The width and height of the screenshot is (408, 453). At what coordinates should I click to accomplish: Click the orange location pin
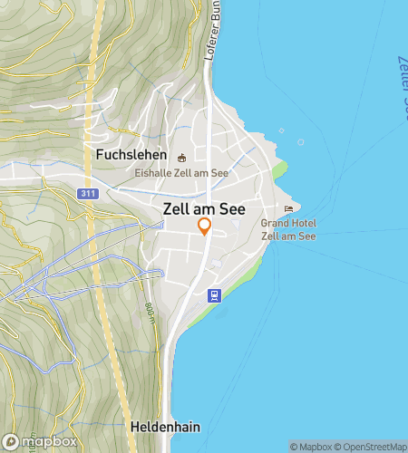[x=205, y=226]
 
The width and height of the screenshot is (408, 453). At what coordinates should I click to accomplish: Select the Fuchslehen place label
[x=130, y=155]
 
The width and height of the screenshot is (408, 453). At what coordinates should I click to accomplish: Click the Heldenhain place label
[x=163, y=425]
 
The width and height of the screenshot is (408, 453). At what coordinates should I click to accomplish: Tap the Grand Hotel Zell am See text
[x=287, y=229]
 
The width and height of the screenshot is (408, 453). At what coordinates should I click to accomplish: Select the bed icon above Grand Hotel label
[x=289, y=209]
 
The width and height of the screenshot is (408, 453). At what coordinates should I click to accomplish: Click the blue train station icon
[x=214, y=294]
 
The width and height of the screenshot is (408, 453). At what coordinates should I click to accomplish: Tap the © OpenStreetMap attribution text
[x=371, y=446]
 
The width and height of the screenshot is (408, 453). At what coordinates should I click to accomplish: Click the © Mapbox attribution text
[x=310, y=446]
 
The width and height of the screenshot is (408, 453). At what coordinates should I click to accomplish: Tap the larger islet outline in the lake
[x=300, y=142]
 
